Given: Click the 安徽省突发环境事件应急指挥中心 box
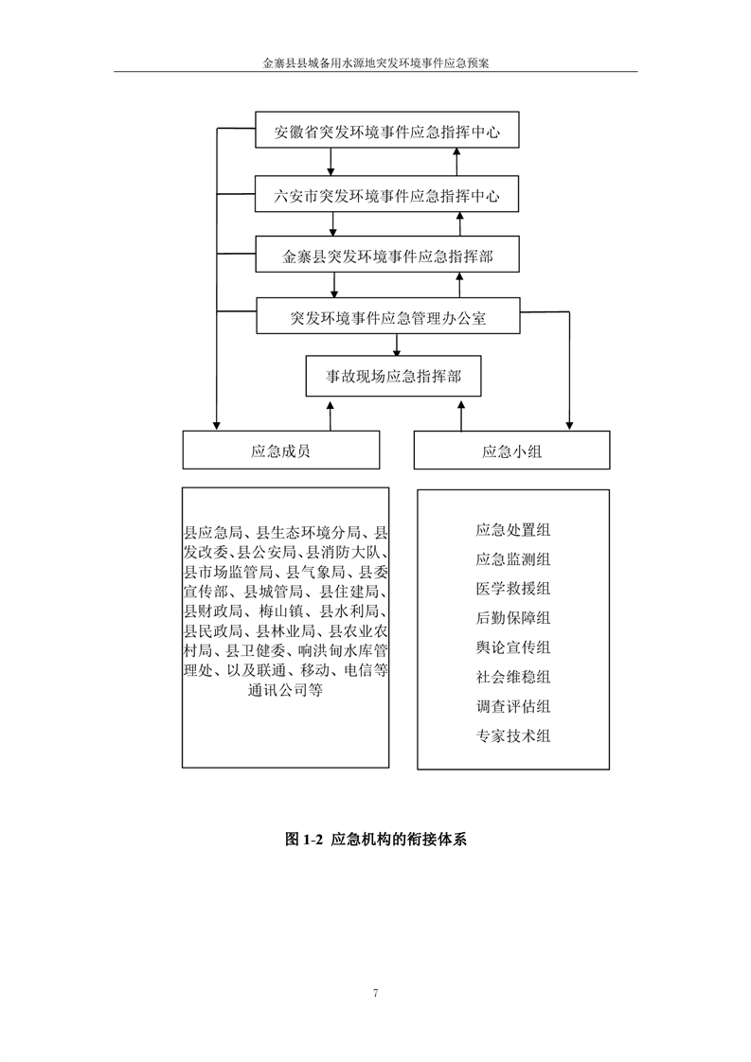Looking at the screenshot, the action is pyautogui.click(x=387, y=130).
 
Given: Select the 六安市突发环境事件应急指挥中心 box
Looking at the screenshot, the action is pyautogui.click(x=387, y=194).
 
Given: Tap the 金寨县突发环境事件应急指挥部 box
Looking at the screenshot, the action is pyautogui.click(x=387, y=255).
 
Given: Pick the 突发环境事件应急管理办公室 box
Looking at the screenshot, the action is pyautogui.click(x=387, y=315).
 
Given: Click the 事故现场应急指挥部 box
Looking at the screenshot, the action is pyautogui.click(x=393, y=376).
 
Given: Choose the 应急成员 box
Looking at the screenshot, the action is pyautogui.click(x=280, y=451).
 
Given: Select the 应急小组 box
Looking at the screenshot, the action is pyautogui.click(x=511, y=451).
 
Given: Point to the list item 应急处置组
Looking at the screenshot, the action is pyautogui.click(x=513, y=530).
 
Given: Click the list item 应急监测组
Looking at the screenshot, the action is pyautogui.click(x=513, y=559).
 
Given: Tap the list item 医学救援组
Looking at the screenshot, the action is pyautogui.click(x=513, y=589).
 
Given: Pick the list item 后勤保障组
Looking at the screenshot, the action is pyautogui.click(x=513, y=618).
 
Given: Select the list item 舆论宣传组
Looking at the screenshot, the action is pyautogui.click(x=513, y=647).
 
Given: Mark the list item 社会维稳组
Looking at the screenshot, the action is pyautogui.click(x=513, y=677).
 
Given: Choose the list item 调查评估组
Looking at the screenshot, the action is pyautogui.click(x=513, y=706).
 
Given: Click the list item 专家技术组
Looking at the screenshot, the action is pyautogui.click(x=513, y=736).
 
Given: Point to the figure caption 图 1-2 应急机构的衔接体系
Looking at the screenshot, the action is pyautogui.click(x=375, y=840).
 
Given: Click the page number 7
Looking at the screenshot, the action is pyautogui.click(x=375, y=993).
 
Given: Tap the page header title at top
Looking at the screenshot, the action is pyautogui.click(x=375, y=63).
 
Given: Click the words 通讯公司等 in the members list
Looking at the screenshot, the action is pyautogui.click(x=285, y=691).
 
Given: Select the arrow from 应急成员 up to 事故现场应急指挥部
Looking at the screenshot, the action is pyautogui.click(x=331, y=416).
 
